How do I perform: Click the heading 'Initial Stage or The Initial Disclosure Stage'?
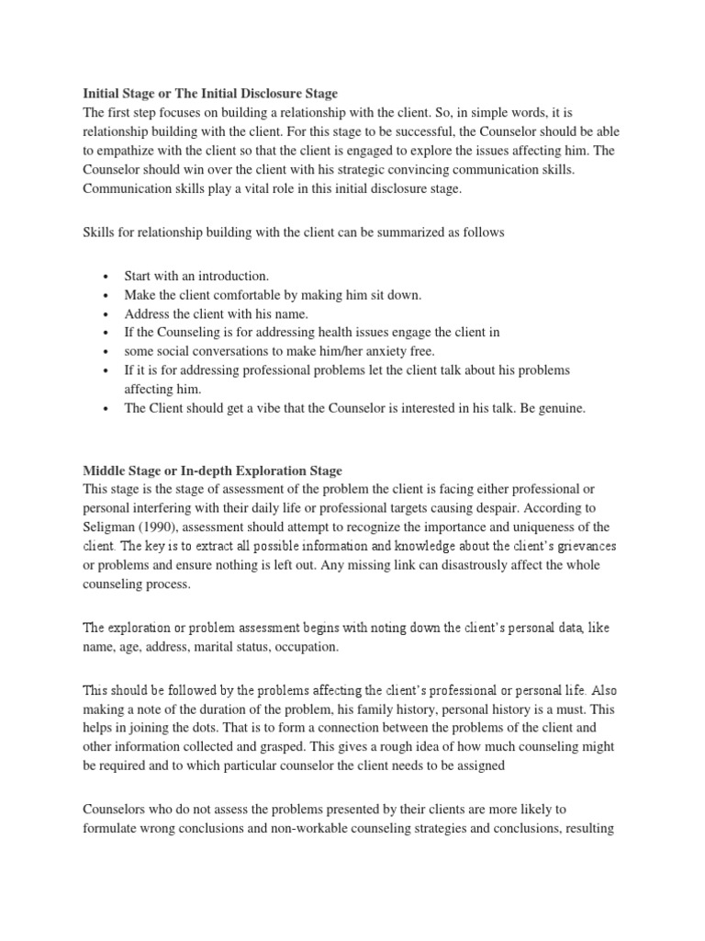pyautogui.click(x=210, y=94)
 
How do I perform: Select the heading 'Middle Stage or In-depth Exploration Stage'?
pyautogui.click(x=212, y=471)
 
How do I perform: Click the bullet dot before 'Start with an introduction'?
pyautogui.click(x=107, y=277)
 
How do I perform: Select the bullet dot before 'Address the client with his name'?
pyautogui.click(x=107, y=314)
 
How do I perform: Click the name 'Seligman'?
pyautogui.click(x=113, y=527)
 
